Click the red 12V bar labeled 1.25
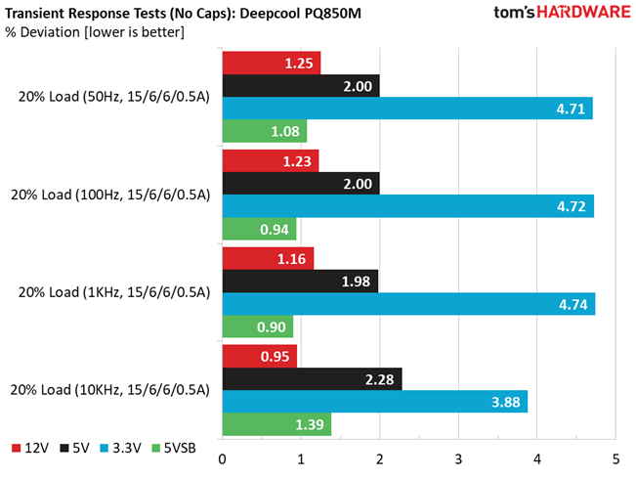pos(272,63)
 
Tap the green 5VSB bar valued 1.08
pos(265,131)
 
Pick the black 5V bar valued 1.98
pos(300,282)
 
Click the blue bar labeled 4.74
pos(408,305)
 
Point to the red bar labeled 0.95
pos(259,356)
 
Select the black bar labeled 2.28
pos(312,378)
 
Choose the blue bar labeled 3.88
pos(375,401)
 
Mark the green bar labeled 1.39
pos(276,424)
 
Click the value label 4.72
pos(570,206)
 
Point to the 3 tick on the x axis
pos(458,458)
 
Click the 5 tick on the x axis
pos(615,458)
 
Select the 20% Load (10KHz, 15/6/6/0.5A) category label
pos(109,390)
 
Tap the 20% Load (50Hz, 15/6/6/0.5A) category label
pos(109,97)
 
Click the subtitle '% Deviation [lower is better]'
pos(96,32)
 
